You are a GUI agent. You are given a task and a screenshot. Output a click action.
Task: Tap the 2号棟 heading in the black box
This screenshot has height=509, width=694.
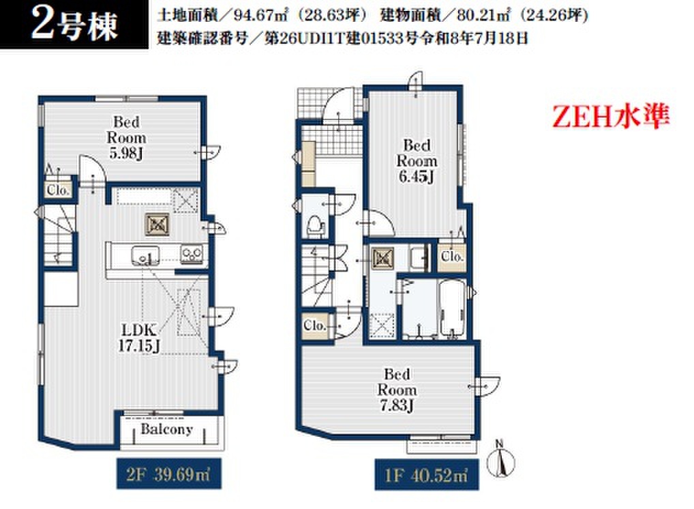click(x=74, y=25)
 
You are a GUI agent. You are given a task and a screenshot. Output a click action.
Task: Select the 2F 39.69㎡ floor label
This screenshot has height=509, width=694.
click(x=168, y=474)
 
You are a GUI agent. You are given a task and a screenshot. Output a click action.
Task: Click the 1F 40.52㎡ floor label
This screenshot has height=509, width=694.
click(x=427, y=475)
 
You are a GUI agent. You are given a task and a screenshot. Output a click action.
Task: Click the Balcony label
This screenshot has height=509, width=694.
click(x=167, y=428)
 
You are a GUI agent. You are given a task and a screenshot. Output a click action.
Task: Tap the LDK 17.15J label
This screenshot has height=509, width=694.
click(x=139, y=338)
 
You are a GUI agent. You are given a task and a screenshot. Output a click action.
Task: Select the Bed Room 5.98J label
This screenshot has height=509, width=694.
click(x=127, y=137)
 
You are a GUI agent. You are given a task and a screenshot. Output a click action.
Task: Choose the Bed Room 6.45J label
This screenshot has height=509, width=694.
click(x=417, y=161)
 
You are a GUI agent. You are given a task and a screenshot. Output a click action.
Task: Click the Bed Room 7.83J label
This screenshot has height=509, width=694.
click(x=397, y=390)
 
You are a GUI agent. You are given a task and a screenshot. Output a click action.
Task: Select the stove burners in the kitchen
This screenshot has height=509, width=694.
click(x=192, y=254)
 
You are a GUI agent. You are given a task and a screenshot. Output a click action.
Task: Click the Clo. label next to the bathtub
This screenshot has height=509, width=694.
click(x=452, y=257)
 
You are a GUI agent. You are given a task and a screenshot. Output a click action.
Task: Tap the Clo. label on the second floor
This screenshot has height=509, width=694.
click(x=59, y=190)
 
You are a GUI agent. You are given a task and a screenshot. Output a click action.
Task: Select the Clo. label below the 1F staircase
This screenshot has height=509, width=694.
click(x=315, y=325)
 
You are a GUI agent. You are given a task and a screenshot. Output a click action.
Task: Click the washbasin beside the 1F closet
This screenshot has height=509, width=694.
click(x=419, y=258)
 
